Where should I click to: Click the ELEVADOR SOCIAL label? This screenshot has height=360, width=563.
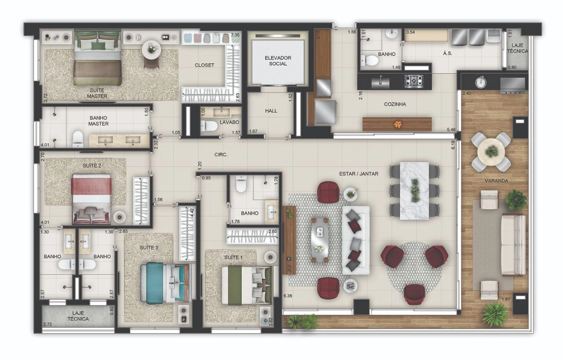[x=278, y=61]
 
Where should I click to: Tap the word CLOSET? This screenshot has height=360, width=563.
[x=205, y=65]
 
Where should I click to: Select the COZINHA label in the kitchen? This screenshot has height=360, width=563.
[x=395, y=104]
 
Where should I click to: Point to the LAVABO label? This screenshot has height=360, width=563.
[x=229, y=122]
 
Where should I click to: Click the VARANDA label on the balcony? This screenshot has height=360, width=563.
[x=497, y=181]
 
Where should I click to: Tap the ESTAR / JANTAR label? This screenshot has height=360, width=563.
[x=358, y=174]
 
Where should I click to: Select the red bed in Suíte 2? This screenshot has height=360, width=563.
[x=91, y=198]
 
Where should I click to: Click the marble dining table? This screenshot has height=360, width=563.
[x=414, y=191]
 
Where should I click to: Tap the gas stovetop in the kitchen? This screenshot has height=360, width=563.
[x=414, y=81]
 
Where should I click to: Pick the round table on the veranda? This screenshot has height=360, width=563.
[x=491, y=151]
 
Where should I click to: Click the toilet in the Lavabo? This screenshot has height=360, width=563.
[x=209, y=126]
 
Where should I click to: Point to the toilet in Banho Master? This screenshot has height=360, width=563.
[x=78, y=139]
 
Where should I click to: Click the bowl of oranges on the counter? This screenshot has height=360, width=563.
[x=398, y=124]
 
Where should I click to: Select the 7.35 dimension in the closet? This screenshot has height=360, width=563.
[x=235, y=35]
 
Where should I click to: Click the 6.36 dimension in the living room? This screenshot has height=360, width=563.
[x=288, y=296]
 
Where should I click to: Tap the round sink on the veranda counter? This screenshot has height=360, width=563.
[x=481, y=82]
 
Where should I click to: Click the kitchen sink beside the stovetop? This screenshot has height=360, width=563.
[x=380, y=82]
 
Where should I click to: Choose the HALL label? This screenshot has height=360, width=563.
[x=271, y=111]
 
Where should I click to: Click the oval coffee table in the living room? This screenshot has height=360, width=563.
[x=319, y=240]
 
